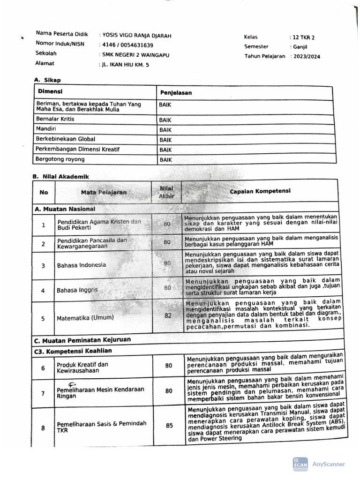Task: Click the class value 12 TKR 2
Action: [x=304, y=37]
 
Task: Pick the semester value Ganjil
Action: [x=300, y=47]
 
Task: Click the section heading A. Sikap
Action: [x=47, y=80]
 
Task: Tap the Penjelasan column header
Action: [x=176, y=93]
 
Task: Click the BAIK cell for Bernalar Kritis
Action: [x=165, y=120]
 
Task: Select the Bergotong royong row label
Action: [x=60, y=159]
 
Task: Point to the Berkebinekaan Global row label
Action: [x=66, y=139]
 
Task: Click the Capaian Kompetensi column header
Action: [x=260, y=191]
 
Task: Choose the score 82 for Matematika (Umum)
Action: [x=168, y=315]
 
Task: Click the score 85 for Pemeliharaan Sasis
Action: [x=169, y=426]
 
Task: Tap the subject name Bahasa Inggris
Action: [x=77, y=290]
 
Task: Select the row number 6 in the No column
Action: [x=43, y=368]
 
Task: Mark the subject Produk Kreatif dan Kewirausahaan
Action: [x=82, y=367]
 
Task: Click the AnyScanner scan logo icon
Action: [x=300, y=464]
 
